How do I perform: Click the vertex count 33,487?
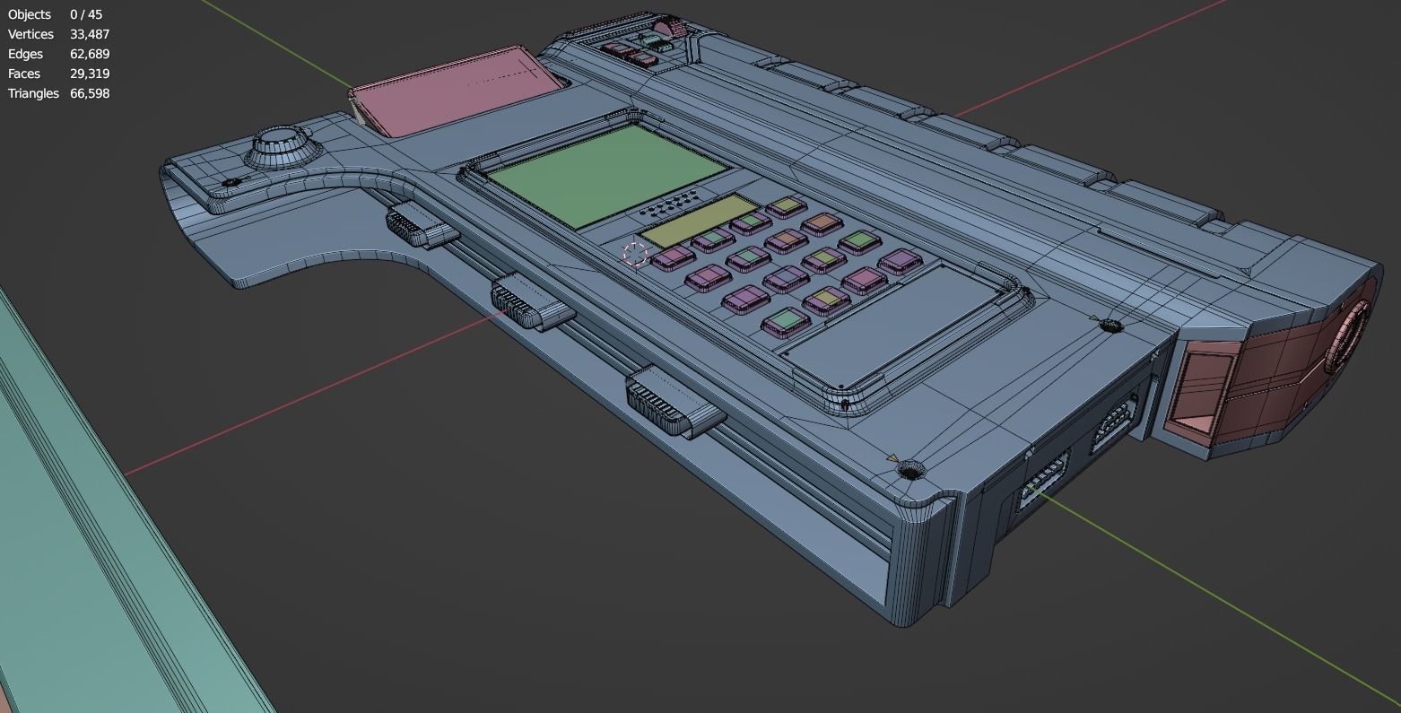[89, 34]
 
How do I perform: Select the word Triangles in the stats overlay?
[33, 93]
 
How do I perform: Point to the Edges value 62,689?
[89, 54]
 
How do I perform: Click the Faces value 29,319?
[89, 74]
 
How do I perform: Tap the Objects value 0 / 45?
[85, 14]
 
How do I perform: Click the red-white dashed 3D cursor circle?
[635, 254]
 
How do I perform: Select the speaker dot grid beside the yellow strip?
[670, 204]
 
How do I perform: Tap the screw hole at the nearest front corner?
[911, 469]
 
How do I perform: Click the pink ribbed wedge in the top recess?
[668, 25]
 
